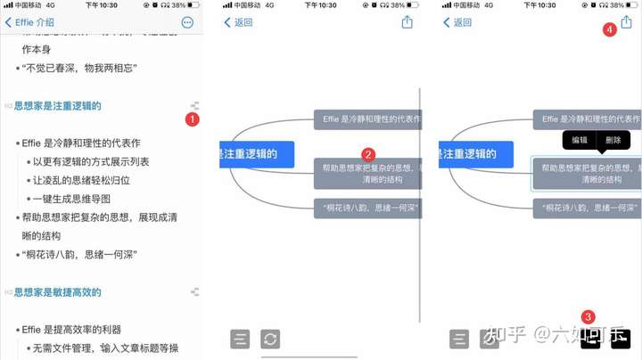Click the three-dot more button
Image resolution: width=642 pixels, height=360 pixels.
pos(187,22)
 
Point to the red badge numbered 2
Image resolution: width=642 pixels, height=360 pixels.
pos(367,154)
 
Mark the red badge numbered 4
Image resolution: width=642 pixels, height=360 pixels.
pos(609,29)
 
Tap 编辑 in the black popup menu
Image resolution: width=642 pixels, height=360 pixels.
pos(580,140)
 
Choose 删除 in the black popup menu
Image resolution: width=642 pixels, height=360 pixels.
pos(613,140)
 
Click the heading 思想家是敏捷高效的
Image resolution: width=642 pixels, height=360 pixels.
pos(57,292)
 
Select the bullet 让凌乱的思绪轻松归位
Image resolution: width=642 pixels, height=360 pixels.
pos(81,180)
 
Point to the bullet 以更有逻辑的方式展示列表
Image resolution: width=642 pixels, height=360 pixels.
pos(91,161)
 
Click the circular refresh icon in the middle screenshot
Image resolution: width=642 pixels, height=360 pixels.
pos(269,339)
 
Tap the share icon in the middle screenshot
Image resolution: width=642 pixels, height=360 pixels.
pos(407,22)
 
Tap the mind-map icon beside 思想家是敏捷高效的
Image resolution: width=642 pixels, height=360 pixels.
pos(194,292)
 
